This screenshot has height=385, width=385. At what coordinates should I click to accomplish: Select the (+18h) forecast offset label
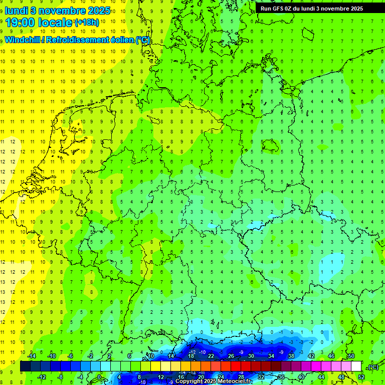coord(87,23)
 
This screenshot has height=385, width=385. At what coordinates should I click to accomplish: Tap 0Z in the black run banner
coord(291,9)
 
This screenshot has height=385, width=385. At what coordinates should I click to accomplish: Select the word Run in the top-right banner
coord(266,9)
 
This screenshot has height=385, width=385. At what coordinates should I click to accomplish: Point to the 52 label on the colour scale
coord(361,377)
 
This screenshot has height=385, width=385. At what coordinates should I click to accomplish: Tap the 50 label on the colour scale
coord(351,355)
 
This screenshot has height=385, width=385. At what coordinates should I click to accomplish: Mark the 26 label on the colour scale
coord(231,355)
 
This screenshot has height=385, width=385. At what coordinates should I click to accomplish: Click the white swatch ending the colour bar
coord(356,366)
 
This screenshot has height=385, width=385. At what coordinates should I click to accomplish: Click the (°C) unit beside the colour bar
coord(372,367)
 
